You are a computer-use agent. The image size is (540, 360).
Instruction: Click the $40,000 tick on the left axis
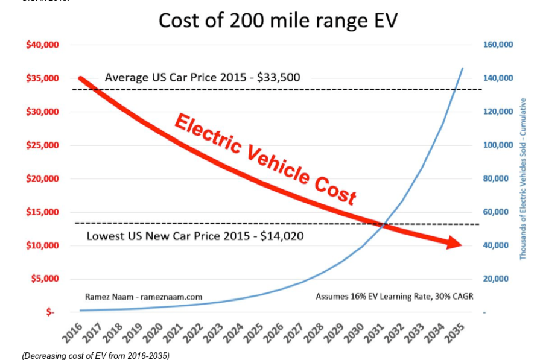pos(42,45)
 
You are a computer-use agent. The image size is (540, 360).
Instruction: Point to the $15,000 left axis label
pos(42,212)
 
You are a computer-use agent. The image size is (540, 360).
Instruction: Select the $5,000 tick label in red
pos(45,279)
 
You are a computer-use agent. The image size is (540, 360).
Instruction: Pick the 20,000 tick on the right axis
pos(500,279)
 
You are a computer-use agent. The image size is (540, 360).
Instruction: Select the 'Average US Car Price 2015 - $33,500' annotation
pos(202,78)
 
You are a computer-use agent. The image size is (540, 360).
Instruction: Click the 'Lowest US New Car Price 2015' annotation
pos(195,236)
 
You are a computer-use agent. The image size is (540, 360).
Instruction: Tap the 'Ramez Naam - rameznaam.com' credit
pos(144,297)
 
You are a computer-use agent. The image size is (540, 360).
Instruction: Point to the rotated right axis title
pos(523,178)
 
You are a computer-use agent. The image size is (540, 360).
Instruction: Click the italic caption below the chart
pos(96,355)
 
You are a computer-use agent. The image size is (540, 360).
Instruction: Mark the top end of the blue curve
pos(463,68)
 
